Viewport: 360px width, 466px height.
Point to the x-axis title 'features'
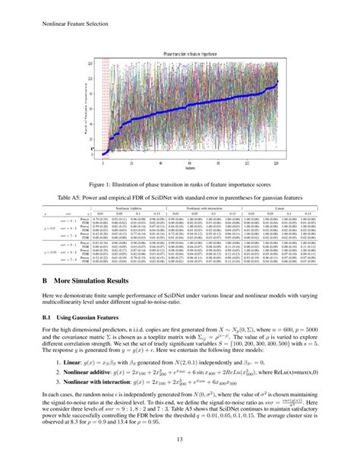pos(179,168)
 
